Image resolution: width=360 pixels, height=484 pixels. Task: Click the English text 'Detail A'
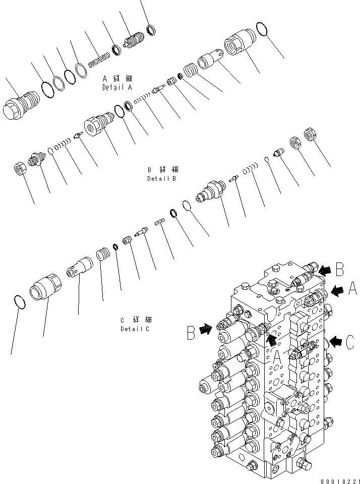pyautogui.click(x=117, y=87)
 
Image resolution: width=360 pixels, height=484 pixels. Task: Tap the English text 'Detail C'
pyautogui.click(x=135, y=329)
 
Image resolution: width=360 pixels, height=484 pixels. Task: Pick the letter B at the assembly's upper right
pyautogui.click(x=340, y=270)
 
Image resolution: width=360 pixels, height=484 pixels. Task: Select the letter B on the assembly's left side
pyautogui.click(x=192, y=333)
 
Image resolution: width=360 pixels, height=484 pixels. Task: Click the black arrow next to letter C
pyautogui.click(x=335, y=343)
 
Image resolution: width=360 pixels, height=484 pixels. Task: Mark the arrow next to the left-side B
pyautogui.click(x=206, y=330)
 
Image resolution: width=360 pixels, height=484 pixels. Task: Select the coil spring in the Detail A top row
pyautogui.click(x=99, y=60)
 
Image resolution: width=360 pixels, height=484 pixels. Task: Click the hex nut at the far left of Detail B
pyautogui.click(x=20, y=169)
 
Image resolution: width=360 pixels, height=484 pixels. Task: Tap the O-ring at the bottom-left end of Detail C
pyautogui.click(x=19, y=301)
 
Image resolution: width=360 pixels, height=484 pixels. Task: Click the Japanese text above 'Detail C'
pyautogui.click(x=136, y=319)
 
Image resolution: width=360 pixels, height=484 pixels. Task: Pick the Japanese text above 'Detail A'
pyautogui.click(x=117, y=79)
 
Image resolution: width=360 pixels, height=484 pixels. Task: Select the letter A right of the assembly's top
pyautogui.click(x=352, y=289)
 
